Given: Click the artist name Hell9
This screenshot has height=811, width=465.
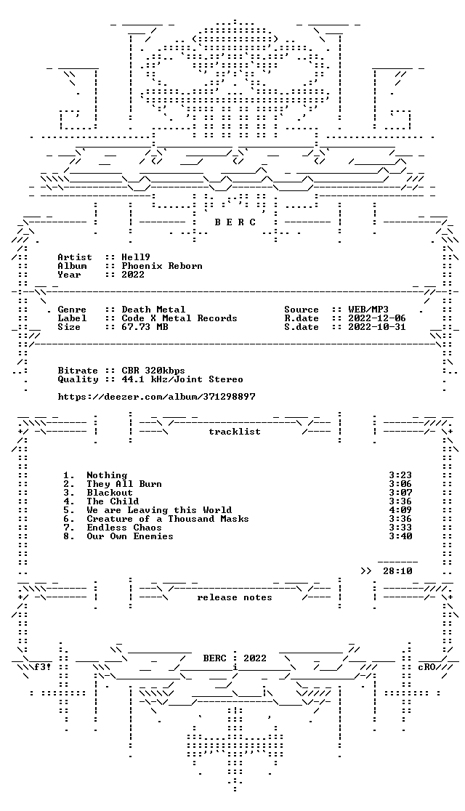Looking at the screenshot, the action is pyautogui.click(x=136, y=257).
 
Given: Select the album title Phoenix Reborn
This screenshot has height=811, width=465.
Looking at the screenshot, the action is pyautogui.click(x=162, y=266).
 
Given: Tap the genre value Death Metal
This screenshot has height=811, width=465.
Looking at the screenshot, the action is pyautogui.click(x=153, y=310).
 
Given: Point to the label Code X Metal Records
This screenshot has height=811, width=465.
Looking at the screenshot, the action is pyautogui.click(x=179, y=318).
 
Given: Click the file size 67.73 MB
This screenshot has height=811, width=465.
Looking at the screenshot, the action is pyautogui.click(x=145, y=327).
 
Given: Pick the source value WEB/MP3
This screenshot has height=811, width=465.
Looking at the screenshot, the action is pyautogui.click(x=368, y=310).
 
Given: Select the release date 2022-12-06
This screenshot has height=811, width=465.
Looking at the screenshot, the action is pyautogui.click(x=377, y=318).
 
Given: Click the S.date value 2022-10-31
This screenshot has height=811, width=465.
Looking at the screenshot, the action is pyautogui.click(x=377, y=327).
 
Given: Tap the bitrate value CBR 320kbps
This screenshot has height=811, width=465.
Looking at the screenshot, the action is pyautogui.click(x=153, y=371).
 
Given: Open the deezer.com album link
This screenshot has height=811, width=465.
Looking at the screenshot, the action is pyautogui.click(x=156, y=397).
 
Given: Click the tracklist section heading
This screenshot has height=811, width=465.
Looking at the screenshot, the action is pyautogui.click(x=235, y=432).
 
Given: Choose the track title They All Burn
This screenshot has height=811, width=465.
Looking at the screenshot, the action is pyautogui.click(x=124, y=483).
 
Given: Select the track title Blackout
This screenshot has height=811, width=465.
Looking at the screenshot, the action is pyautogui.click(x=110, y=493).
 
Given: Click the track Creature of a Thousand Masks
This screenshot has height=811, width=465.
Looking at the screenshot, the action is pyautogui.click(x=168, y=519).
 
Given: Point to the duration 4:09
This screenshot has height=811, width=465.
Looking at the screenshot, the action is pyautogui.click(x=400, y=510).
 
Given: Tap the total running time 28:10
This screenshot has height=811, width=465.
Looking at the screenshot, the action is pyautogui.click(x=397, y=571).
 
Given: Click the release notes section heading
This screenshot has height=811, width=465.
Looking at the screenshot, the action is pyautogui.click(x=234, y=597).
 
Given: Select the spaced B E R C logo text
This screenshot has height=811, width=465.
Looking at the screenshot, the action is pyautogui.click(x=235, y=222).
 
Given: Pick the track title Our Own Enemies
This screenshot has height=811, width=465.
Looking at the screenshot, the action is pyautogui.click(x=130, y=536).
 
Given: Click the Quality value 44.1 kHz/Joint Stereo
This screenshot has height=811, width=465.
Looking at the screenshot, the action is pyautogui.click(x=182, y=379).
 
